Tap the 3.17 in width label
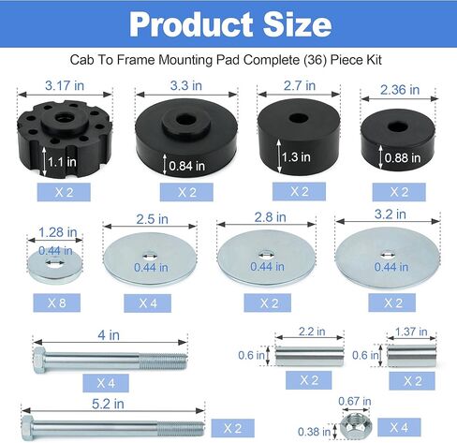point(65,85)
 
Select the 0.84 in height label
point(187,166)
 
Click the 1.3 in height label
point(296,156)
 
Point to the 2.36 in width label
point(400,90)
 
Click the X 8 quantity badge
point(57,303)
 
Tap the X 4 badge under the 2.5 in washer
point(147,303)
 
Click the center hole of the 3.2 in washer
point(388,255)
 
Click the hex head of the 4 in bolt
point(39,360)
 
